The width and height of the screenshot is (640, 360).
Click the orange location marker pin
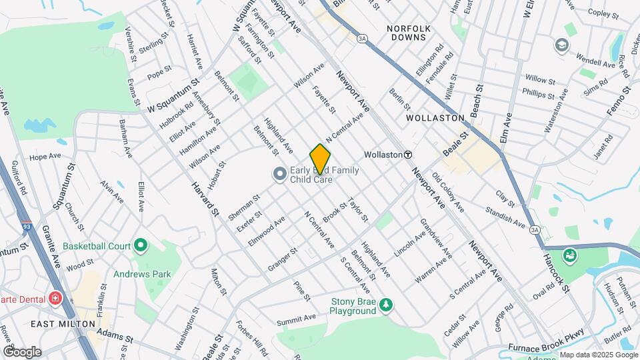pyautogui.click(x=320, y=159)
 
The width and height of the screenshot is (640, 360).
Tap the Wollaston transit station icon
pyautogui.click(x=407, y=154)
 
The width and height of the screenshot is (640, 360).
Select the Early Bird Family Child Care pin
pyautogui.click(x=279, y=174)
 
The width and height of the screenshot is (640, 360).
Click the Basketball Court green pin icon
pyautogui.click(x=140, y=246)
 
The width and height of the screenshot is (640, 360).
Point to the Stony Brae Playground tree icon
pyautogui.click(x=385, y=305)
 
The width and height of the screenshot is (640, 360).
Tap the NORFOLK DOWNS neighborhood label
pyautogui.click(x=408, y=33)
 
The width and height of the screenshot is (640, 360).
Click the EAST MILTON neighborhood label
pyautogui.click(x=60, y=323)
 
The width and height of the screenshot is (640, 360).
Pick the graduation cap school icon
pyautogui.click(x=562, y=45)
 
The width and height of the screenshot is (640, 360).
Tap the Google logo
pyautogui.click(x=22, y=351)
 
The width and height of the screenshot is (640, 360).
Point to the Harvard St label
pyautogui.click(x=205, y=197)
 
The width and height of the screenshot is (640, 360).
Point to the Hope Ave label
pyautogui.click(x=45, y=157)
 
